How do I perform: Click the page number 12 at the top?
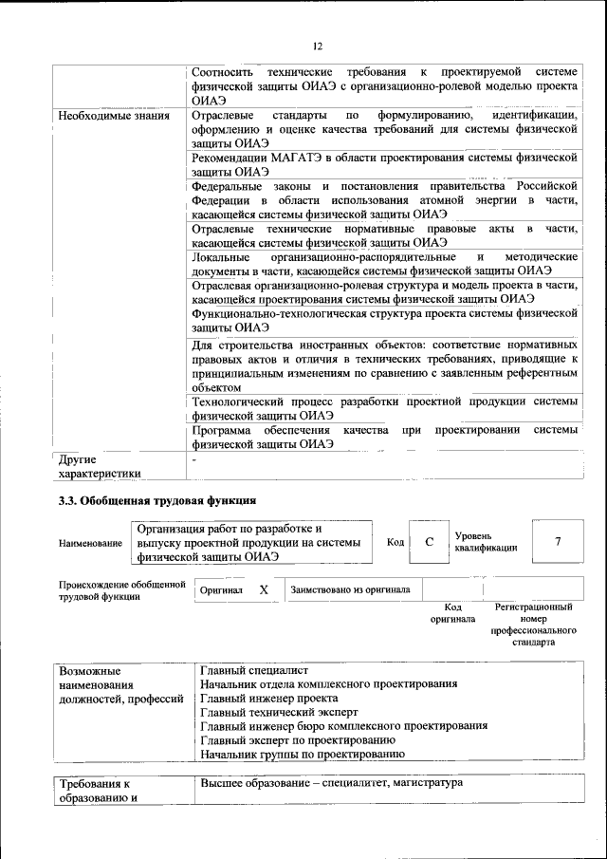pos(318,45)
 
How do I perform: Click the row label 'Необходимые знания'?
pos(114,117)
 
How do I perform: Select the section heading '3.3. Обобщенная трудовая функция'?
pos(157,500)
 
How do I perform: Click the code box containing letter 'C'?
pos(429,541)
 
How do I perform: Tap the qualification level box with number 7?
pos(558,541)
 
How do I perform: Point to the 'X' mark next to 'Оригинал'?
pos(264,589)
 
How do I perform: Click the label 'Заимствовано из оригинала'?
pos(351,589)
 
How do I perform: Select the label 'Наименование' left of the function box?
pos(90,543)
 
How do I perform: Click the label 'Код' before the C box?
pos(395,542)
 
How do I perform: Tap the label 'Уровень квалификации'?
pos(486,542)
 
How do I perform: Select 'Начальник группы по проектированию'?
pos(303,754)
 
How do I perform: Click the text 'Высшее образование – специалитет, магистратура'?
pos(331,784)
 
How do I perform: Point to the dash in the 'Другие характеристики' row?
pos(193,459)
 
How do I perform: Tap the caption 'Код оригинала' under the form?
pos(452,613)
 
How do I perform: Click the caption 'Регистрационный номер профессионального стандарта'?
pos(533,624)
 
